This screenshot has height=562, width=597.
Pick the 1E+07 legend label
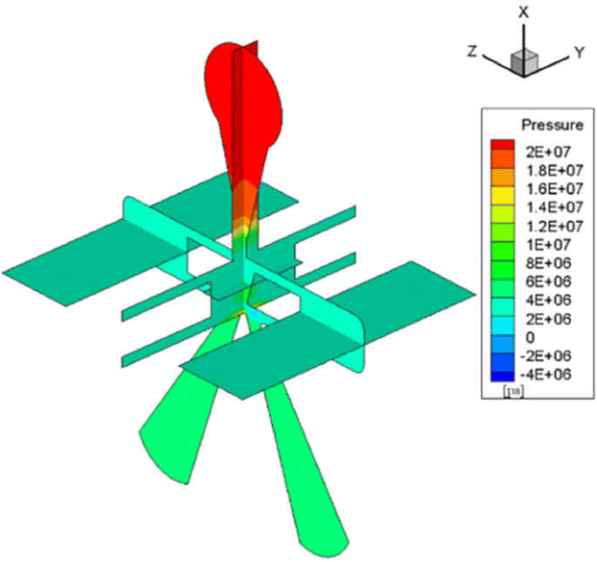[539, 243]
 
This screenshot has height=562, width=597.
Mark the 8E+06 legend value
[539, 262]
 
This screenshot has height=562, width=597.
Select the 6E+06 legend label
[539, 281]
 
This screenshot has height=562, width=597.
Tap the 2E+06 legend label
[539, 318]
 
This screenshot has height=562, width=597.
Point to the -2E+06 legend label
[541, 355]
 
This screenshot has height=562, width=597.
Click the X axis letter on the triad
[523, 11]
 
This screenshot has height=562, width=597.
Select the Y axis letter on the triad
[577, 53]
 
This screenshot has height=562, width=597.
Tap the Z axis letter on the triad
[471, 51]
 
